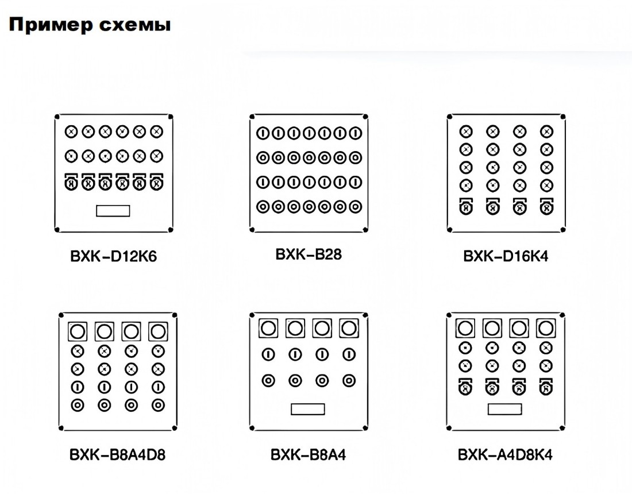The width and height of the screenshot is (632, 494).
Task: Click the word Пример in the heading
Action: pos(51,25)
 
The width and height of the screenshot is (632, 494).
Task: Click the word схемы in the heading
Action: pos(135,25)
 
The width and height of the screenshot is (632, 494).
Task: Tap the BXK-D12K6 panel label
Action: pos(113,256)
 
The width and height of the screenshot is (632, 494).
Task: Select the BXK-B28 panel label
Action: pos(309,254)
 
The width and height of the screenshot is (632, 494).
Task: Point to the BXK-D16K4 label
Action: pos(506,256)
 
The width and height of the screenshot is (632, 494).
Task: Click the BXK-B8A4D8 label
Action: pos(117,454)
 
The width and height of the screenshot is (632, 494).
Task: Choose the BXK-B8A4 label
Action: pos(309,454)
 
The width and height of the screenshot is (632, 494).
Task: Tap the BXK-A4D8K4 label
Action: pos(505,454)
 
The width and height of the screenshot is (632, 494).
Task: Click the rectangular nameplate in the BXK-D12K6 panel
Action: pos(113,211)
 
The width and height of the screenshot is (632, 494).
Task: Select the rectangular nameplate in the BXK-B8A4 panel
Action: pos(308,409)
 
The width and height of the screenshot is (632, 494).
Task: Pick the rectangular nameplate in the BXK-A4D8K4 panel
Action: pos(504,409)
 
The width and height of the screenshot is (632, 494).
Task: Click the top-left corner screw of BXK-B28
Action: pos(252,117)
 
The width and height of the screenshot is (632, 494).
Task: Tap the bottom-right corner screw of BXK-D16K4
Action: pos(562,230)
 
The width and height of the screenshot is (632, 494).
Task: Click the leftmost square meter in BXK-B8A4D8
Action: pos(78,331)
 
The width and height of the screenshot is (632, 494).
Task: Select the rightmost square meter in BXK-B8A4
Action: pos(349,328)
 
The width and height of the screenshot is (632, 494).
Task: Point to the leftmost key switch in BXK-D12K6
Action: pos(71,182)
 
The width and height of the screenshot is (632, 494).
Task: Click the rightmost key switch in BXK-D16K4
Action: pos(546,206)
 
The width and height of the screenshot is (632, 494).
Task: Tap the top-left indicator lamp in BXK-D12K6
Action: pos(71,132)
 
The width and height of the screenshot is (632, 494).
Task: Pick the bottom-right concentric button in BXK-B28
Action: pos(355,207)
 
